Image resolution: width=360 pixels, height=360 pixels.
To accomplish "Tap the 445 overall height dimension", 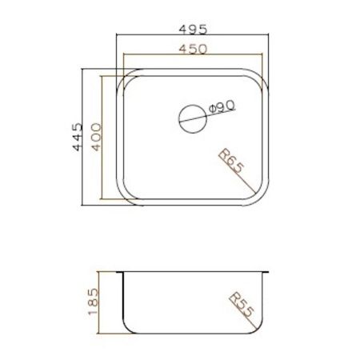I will [78, 138].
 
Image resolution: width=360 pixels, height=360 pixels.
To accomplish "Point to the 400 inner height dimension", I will [95, 138].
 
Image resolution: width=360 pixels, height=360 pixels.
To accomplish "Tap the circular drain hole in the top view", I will [190, 118].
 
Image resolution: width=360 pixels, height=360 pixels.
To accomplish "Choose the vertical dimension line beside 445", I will [84, 138].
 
